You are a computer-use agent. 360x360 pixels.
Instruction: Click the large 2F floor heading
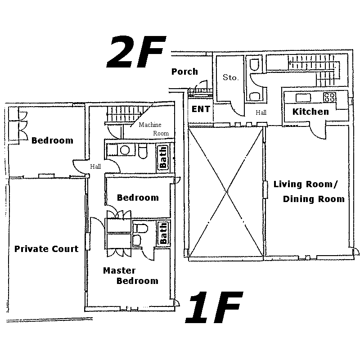136,52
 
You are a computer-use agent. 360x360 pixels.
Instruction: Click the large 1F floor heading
214,307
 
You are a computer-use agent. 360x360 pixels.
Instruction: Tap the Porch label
184,72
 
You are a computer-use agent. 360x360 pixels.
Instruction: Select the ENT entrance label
201,109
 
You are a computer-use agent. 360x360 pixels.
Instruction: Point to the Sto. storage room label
231,77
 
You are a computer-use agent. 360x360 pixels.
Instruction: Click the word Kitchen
310,112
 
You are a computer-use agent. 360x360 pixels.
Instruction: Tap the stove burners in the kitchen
330,97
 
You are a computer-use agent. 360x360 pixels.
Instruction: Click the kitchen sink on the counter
303,98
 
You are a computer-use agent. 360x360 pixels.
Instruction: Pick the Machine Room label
153,129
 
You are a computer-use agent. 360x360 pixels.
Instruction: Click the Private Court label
46,249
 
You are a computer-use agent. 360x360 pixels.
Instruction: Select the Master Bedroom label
130,276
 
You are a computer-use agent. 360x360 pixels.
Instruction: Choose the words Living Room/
306,184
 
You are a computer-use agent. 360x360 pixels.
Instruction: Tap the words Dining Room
314,199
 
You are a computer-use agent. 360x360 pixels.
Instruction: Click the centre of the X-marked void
227,192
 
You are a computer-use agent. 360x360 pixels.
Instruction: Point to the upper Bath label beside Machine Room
163,157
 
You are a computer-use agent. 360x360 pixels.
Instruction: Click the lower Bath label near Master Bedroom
163,233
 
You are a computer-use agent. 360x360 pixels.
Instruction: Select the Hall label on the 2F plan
95,166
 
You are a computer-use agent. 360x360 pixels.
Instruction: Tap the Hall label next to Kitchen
261,112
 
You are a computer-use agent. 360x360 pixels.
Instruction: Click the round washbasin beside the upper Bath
125,150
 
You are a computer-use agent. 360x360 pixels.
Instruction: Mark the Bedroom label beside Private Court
52,140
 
